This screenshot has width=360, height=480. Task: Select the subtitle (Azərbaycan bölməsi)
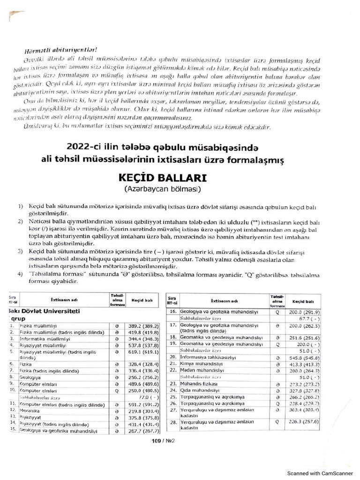[x=162, y=190]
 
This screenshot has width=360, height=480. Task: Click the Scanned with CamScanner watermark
[x=322, y=473]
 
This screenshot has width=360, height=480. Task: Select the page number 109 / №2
[x=161, y=441]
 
